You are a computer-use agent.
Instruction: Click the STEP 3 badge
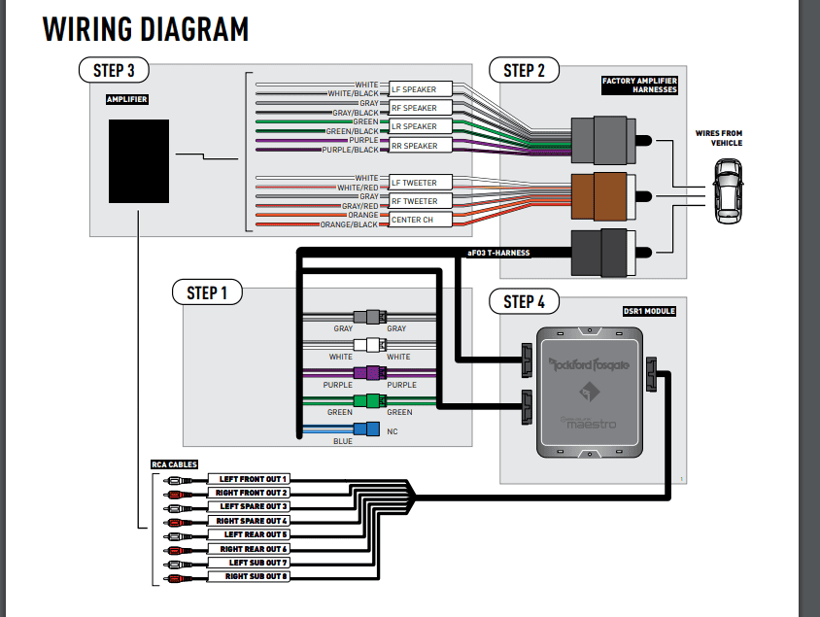point(114,70)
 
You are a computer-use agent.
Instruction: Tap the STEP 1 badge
point(207,292)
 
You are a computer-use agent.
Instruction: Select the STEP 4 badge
point(524,302)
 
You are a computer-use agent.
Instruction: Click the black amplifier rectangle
point(139,161)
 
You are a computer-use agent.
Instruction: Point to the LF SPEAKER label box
point(421,89)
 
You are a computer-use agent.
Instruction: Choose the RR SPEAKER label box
point(421,146)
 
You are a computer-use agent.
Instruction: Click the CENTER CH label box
point(421,220)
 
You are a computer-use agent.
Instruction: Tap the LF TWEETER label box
point(421,183)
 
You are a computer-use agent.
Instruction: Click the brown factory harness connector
point(603,196)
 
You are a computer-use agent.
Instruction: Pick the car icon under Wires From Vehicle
point(728,191)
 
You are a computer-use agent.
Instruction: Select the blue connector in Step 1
point(366,428)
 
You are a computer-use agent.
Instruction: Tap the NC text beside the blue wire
point(393,431)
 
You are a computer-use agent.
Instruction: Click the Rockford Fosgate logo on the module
point(589,364)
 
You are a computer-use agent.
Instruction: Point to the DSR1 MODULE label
point(649,311)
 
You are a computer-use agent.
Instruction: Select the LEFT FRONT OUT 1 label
point(249,479)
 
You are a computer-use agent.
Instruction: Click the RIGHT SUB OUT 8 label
point(249,576)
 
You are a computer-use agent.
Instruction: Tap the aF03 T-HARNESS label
point(498,253)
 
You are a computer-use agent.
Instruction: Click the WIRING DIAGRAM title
point(146,29)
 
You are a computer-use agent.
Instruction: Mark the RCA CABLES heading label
point(174,464)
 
